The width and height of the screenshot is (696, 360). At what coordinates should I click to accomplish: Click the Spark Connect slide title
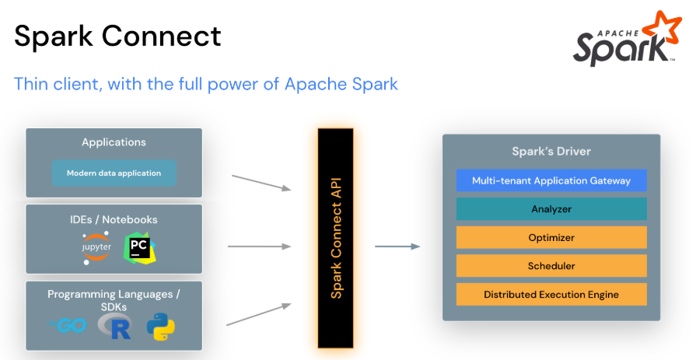(117, 36)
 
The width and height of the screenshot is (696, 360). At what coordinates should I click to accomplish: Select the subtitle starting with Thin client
(205, 83)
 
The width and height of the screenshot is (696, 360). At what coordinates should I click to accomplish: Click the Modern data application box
(114, 173)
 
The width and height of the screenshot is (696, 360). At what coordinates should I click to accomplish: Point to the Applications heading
(114, 142)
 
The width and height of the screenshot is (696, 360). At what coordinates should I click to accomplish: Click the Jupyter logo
(96, 246)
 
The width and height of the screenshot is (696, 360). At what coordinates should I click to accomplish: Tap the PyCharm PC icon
(140, 247)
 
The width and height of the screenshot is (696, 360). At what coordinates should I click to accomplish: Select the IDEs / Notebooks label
(114, 219)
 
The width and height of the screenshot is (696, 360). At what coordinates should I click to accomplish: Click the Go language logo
(66, 326)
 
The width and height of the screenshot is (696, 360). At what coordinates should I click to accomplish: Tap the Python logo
(160, 327)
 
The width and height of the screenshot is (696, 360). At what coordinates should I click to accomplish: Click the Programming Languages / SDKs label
(114, 300)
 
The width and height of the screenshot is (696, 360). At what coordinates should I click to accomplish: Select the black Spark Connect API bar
(336, 237)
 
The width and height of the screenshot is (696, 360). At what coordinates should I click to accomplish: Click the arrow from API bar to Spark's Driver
(397, 246)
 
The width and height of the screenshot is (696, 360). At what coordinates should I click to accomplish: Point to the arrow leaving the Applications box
(261, 182)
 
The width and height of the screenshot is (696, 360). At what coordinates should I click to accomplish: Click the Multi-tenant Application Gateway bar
(551, 180)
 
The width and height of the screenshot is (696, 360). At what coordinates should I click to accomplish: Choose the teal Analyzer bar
(551, 208)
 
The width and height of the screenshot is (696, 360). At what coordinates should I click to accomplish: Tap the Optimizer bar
(551, 237)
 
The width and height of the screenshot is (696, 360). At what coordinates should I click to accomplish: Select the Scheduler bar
(551, 266)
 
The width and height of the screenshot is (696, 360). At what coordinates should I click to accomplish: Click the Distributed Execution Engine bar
(551, 294)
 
